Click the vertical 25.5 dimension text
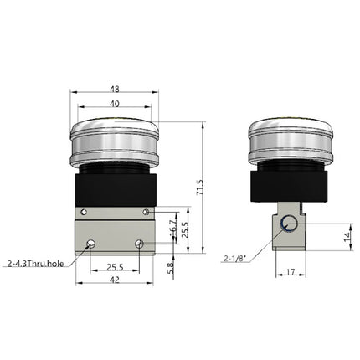(x=186, y=227)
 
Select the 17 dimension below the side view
(x=289, y=271)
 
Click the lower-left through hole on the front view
(x=89, y=244)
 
